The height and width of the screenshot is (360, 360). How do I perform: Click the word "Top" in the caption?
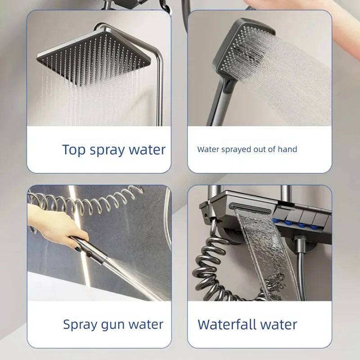click(74, 150)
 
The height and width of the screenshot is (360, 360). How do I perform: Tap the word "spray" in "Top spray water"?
click(107, 151)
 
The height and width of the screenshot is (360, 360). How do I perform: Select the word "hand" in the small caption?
click(287, 149)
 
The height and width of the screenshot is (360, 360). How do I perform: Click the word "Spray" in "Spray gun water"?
click(81, 325)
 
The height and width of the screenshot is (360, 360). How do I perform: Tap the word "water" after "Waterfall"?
click(279, 325)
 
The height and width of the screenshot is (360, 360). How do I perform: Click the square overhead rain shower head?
click(94, 58)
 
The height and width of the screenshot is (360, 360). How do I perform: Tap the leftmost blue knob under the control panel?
click(277, 221)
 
